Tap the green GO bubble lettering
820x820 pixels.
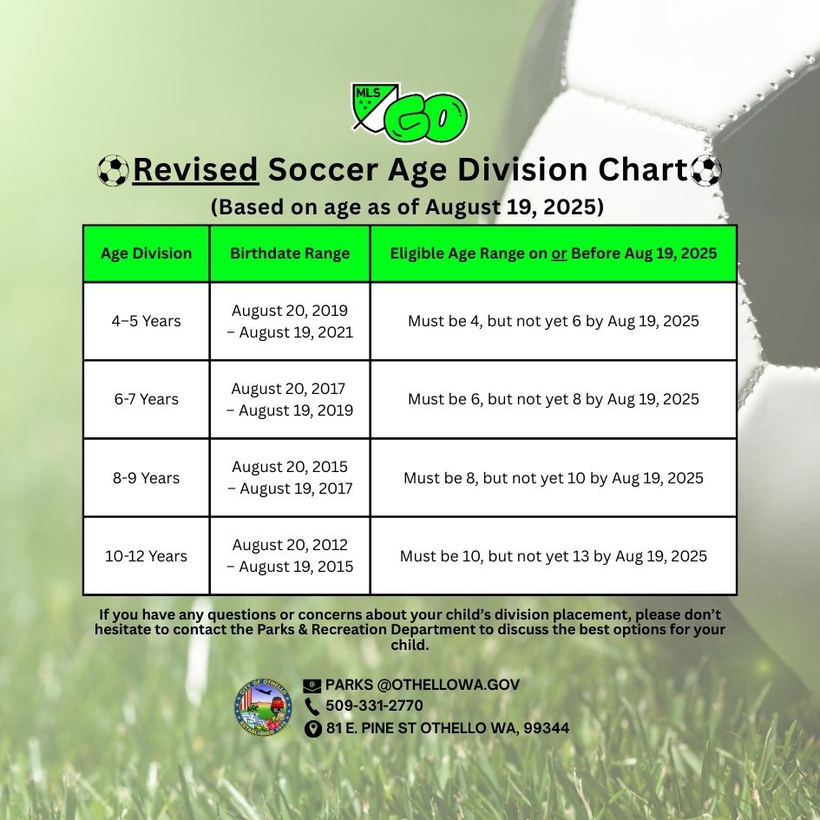[x=426, y=118]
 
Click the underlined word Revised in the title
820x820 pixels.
[x=196, y=169]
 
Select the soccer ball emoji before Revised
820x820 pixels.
[x=113, y=170]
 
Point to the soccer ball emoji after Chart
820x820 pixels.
[x=706, y=170]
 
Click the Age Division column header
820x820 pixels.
[x=147, y=253]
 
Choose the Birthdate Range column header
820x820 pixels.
[x=290, y=253]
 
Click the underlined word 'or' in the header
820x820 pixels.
[x=559, y=254]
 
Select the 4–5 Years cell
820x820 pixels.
[x=147, y=321]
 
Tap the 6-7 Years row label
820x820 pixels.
[x=147, y=399]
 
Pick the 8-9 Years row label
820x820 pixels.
[x=147, y=478]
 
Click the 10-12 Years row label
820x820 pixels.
[x=147, y=556]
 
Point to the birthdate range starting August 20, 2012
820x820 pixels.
[x=290, y=556]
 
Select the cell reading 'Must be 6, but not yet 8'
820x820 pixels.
[x=554, y=399]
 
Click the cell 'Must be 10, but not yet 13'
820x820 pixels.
[x=554, y=556]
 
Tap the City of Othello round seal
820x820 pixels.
[x=263, y=707]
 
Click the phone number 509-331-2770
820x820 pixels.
[x=375, y=705]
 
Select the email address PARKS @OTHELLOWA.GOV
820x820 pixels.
[x=423, y=685]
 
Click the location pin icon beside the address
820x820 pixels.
[x=312, y=729]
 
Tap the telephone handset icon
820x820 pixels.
[x=312, y=706]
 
